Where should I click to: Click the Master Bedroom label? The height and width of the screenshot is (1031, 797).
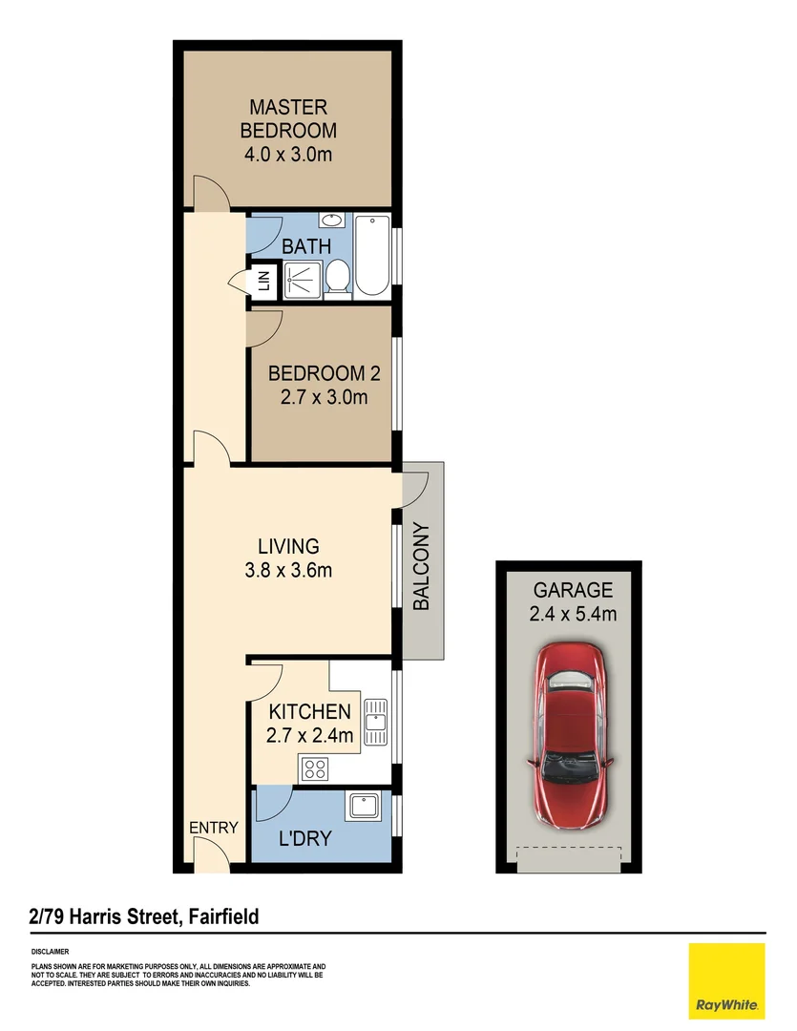pos(287,118)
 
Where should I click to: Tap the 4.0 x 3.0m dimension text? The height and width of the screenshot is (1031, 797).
pos(287,155)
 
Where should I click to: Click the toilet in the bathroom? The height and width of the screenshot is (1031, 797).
pos(337,278)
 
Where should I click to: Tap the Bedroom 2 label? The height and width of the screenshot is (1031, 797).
pos(317,373)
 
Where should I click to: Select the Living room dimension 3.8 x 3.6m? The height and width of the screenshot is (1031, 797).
pos(287,572)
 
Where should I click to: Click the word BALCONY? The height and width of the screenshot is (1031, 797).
pos(422,567)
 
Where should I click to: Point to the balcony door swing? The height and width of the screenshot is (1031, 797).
pos(413,490)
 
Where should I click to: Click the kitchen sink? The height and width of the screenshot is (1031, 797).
pos(375,722)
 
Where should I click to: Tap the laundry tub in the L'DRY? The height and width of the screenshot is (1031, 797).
pos(364,808)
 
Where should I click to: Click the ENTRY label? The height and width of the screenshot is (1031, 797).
pos(212,828)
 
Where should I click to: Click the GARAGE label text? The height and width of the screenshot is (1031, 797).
pos(573,590)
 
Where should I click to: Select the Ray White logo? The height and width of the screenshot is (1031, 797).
pos(726,980)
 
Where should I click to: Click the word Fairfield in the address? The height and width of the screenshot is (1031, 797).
pos(220,917)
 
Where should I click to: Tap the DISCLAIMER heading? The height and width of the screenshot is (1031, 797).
pos(50,952)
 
